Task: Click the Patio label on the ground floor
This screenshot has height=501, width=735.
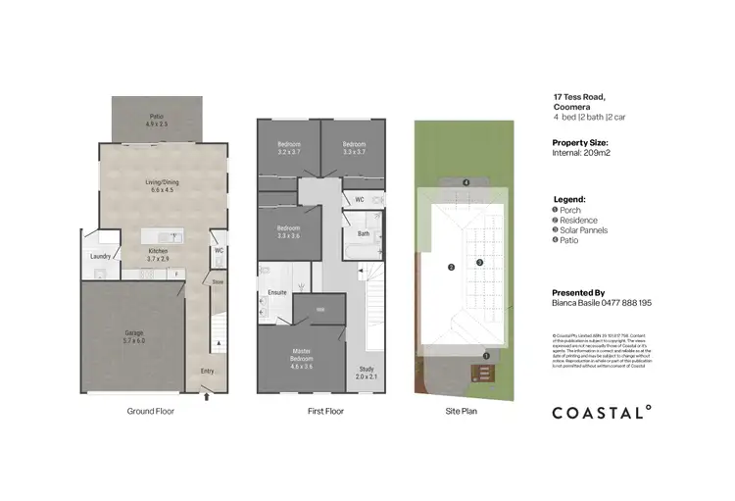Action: coord(157,121)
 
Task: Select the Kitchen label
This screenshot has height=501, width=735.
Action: coord(157,254)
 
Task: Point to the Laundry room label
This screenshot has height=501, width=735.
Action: coord(101,257)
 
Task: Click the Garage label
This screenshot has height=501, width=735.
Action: coord(134,336)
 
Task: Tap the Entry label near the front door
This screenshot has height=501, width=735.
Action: coord(207,371)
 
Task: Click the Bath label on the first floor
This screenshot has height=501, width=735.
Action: coord(363,233)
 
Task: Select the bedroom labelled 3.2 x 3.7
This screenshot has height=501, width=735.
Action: coord(287,149)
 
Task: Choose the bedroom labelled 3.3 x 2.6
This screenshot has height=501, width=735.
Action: coord(288,232)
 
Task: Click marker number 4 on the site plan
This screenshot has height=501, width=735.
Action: coord(466,183)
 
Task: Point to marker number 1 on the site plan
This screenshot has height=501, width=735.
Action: coord(487,355)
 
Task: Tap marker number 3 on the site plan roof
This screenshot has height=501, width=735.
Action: coord(479,262)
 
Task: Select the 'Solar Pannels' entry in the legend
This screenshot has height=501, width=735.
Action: coord(584,230)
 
